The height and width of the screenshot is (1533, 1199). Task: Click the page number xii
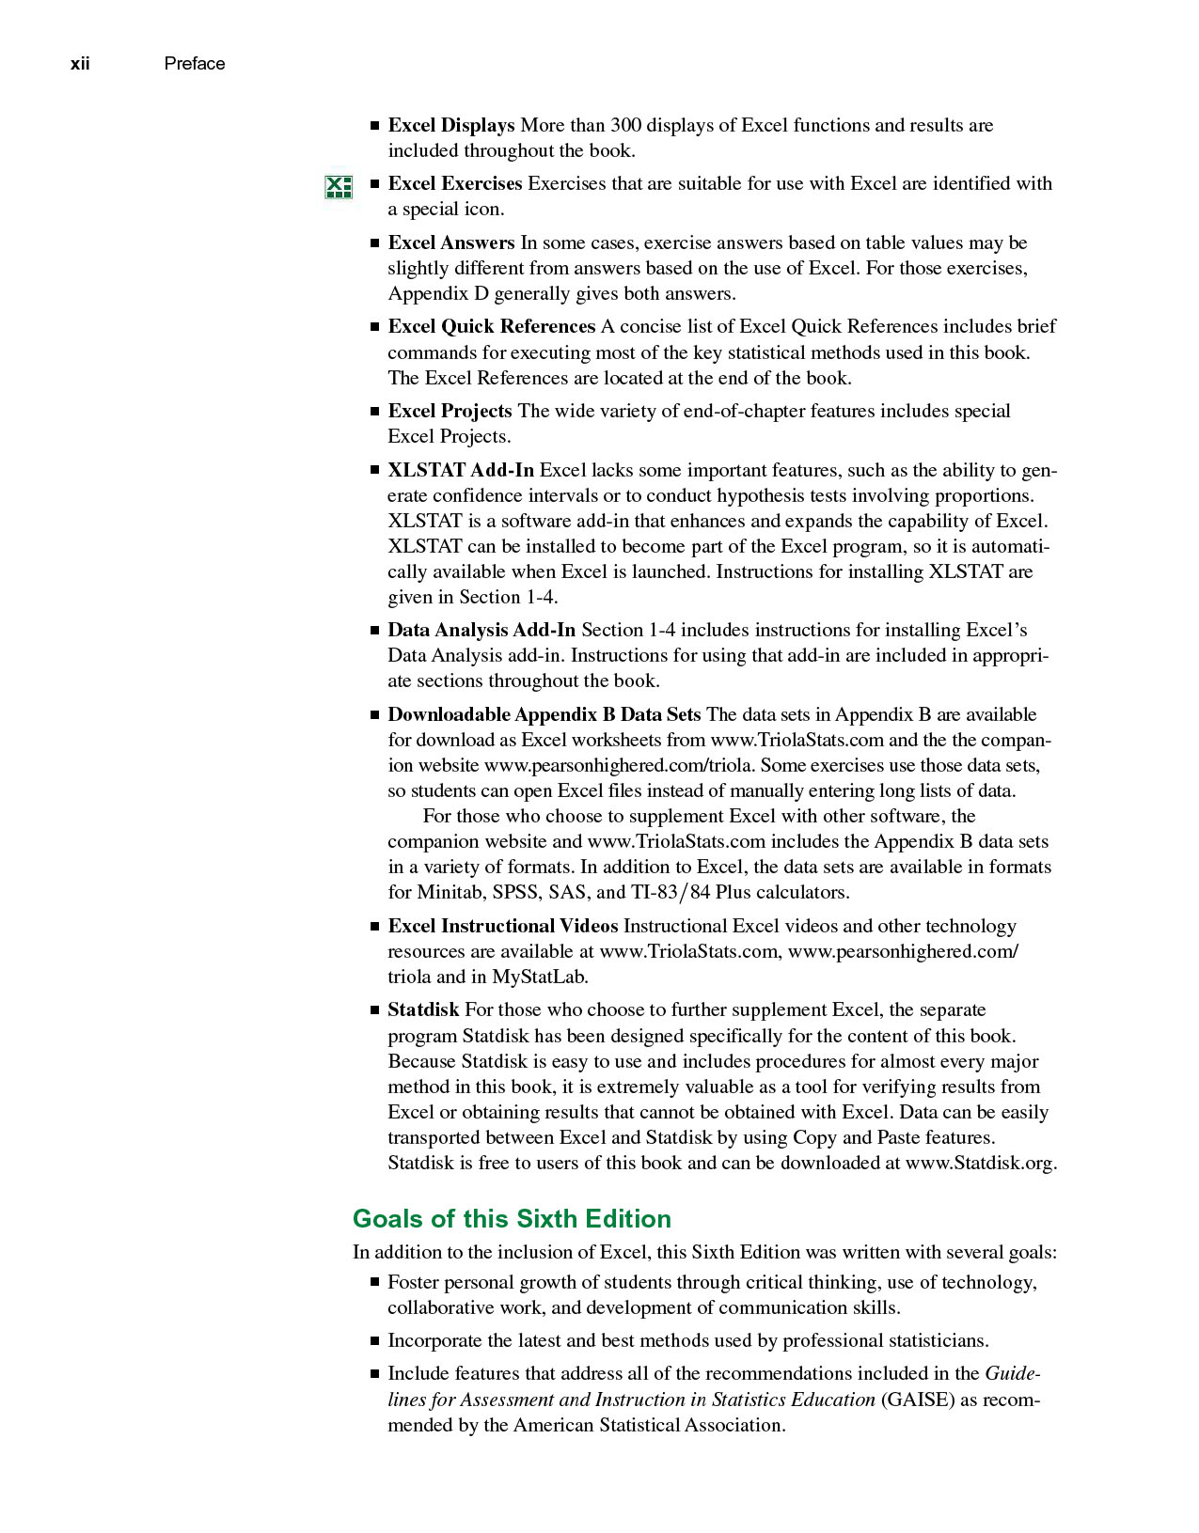pos(80,64)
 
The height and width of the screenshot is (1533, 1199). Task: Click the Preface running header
pos(194,64)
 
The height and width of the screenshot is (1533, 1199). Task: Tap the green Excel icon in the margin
pos(338,187)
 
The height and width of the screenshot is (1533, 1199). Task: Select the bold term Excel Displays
pos(450,125)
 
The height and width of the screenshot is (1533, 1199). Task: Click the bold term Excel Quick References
pos(491,326)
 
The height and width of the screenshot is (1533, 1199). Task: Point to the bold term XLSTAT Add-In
pos(460,470)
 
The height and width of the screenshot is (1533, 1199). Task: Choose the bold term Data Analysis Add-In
pos(481,630)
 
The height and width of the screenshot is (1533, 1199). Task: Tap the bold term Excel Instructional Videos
pos(502,926)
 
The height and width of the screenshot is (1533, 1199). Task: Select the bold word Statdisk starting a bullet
pos(423,1009)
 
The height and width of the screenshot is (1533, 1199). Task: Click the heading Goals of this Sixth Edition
pos(512,1218)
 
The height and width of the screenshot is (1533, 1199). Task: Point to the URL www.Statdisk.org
pos(981,1163)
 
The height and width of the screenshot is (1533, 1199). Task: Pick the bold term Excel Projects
pos(450,411)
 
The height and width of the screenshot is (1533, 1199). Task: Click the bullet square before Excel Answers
pos(374,243)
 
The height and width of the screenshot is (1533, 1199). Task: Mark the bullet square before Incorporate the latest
pos(374,1341)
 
